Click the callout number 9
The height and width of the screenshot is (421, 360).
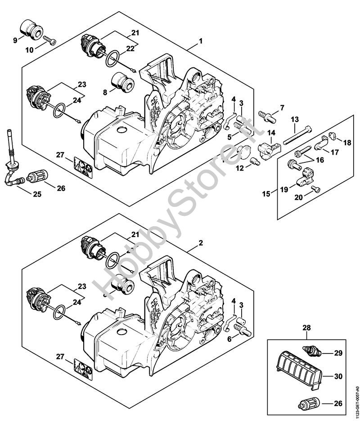point(15,40)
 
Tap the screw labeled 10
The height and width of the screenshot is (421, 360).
point(50,41)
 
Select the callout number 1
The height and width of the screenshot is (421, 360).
point(201,41)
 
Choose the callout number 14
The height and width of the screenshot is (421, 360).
point(272,133)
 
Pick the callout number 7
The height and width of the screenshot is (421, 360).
point(282,107)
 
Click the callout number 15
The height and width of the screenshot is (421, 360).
point(266,194)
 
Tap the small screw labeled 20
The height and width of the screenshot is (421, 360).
point(318,190)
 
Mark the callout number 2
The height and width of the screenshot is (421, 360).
point(201,242)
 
